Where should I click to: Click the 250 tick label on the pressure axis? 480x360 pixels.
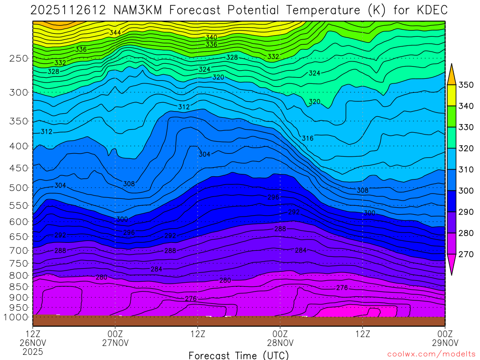(x=18, y=59)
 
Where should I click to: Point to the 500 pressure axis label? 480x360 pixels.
(x=18, y=188)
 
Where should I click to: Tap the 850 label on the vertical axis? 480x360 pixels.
(x=18, y=286)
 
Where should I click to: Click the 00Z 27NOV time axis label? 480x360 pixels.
(x=115, y=338)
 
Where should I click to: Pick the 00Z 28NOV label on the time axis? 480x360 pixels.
(x=280, y=338)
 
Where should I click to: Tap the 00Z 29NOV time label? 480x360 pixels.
(x=444, y=338)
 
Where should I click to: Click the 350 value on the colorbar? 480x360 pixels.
(x=466, y=85)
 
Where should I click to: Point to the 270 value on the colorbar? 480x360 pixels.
(x=466, y=254)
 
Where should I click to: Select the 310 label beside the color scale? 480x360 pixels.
(x=466, y=170)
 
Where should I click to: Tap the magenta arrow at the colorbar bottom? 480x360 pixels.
(x=451, y=265)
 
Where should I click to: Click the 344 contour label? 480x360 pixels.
(x=115, y=33)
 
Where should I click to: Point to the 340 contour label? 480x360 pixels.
(x=211, y=37)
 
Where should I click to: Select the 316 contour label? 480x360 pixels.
(x=307, y=138)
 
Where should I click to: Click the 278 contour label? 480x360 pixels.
(x=342, y=288)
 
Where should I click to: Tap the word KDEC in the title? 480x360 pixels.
(x=427, y=10)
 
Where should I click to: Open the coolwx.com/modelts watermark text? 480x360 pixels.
(x=430, y=355)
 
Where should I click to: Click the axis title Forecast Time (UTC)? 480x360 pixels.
(x=239, y=355)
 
